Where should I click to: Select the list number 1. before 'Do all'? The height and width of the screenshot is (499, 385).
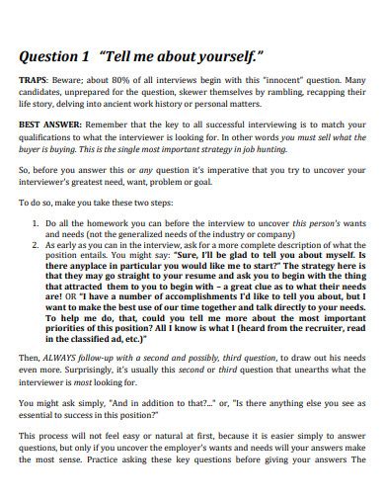(x=37, y=224)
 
